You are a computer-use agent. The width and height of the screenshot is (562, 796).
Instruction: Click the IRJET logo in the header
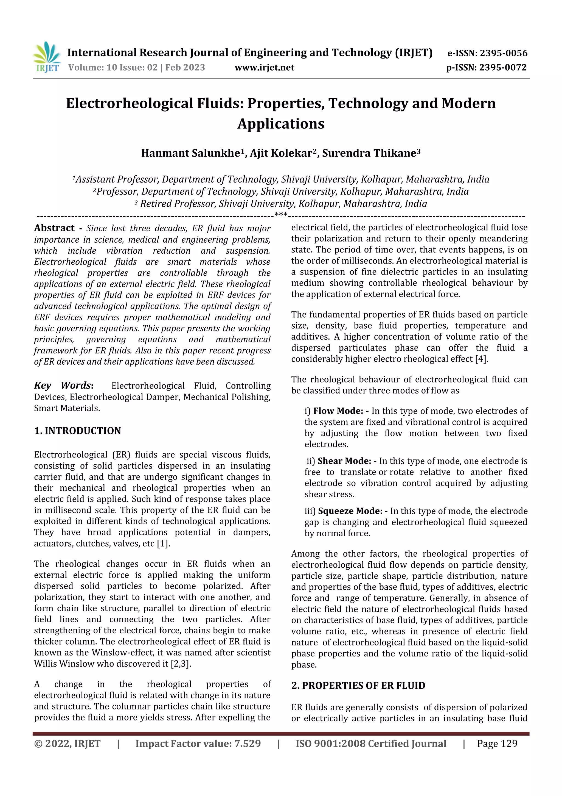click(x=47, y=57)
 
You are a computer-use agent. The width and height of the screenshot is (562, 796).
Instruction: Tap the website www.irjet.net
click(x=264, y=67)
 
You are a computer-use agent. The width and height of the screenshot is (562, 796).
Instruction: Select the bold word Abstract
click(x=54, y=228)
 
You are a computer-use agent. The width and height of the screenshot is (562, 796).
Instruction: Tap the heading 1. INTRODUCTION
click(x=78, y=431)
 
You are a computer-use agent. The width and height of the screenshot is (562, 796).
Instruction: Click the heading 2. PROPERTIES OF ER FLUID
click(x=358, y=685)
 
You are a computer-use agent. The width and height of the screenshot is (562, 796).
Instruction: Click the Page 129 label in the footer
click(x=497, y=743)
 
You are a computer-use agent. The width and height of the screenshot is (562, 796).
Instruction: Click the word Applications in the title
click(x=281, y=123)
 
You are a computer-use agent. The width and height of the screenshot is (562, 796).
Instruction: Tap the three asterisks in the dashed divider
click(x=281, y=215)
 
